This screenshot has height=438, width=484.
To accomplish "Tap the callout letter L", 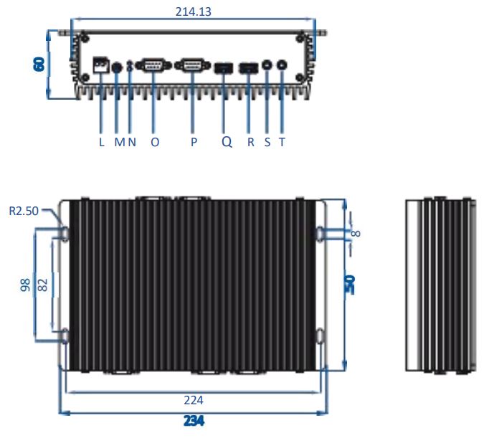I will point(102,142).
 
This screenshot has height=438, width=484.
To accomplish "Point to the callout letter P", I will point(194,142).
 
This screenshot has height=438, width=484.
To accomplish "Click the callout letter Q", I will point(227,142).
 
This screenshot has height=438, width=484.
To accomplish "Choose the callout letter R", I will point(251,142).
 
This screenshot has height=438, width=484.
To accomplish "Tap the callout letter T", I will point(282,142).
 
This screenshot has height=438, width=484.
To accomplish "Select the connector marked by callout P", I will point(190,66).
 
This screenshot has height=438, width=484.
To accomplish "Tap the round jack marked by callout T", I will point(282,65).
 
